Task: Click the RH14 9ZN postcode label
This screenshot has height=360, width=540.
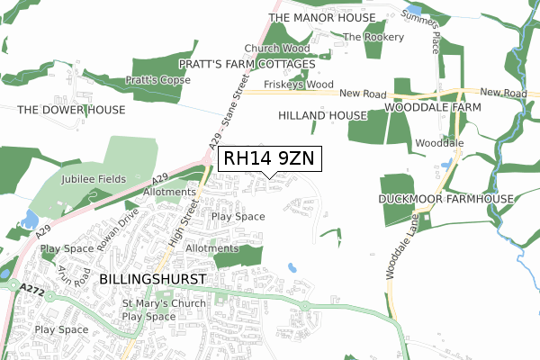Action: pos(267,159)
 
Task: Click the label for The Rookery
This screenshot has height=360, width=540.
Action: pos(373,37)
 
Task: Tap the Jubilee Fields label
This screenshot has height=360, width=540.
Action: pos(91,180)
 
